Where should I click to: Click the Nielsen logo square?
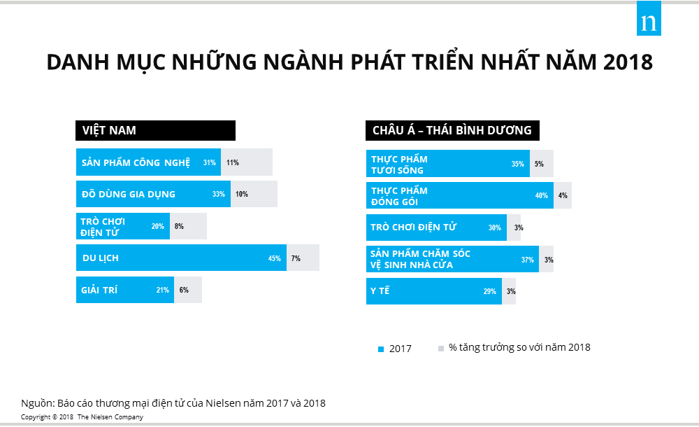(649, 22)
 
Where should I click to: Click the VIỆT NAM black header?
(155, 131)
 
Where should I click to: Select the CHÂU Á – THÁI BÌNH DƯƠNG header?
(452, 131)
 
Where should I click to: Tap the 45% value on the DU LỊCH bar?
(274, 258)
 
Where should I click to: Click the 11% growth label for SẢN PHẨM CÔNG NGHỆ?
(233, 162)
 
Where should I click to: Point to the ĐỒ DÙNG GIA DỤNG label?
(129, 194)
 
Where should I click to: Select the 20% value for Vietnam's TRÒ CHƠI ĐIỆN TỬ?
(157, 226)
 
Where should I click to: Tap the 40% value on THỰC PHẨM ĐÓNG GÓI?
(541, 195)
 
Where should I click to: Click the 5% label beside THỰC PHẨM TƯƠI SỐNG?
(539, 164)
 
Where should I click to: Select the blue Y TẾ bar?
(433, 291)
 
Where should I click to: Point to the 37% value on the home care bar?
(527, 260)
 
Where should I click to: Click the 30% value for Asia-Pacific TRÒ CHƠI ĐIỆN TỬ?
(494, 227)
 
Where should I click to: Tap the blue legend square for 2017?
(381, 349)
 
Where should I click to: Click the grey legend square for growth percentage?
(440, 348)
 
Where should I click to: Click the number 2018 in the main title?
(626, 62)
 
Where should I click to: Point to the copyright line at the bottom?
(82, 417)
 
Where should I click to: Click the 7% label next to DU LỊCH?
(296, 258)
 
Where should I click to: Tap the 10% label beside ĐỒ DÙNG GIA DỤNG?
(242, 194)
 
